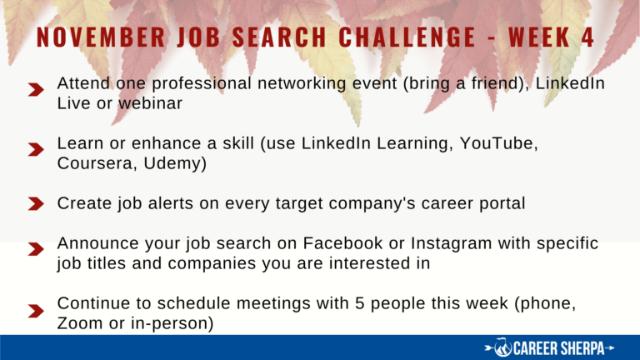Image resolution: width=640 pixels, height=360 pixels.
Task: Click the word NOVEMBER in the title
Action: (x=101, y=37)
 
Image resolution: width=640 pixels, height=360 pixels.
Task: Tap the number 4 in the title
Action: (x=587, y=37)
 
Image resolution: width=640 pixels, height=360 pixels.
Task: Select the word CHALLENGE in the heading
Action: (x=407, y=37)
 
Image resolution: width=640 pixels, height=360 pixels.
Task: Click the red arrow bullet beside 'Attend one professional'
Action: (x=36, y=89)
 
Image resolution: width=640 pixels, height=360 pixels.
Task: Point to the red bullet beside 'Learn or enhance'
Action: (x=36, y=149)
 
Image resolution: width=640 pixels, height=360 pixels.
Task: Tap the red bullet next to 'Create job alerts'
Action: (x=36, y=203)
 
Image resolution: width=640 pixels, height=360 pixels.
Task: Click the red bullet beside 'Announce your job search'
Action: (x=36, y=249)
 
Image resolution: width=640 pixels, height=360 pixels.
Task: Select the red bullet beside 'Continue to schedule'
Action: (x=36, y=311)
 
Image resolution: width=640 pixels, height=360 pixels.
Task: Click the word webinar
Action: (x=151, y=103)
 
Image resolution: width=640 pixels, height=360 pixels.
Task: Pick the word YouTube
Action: (x=498, y=143)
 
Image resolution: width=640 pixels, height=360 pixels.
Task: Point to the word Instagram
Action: (x=452, y=244)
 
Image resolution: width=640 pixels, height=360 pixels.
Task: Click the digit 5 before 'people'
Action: (x=359, y=303)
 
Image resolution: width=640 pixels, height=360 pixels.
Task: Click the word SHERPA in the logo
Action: (x=582, y=348)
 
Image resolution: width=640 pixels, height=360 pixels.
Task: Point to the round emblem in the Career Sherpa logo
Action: (x=502, y=347)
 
